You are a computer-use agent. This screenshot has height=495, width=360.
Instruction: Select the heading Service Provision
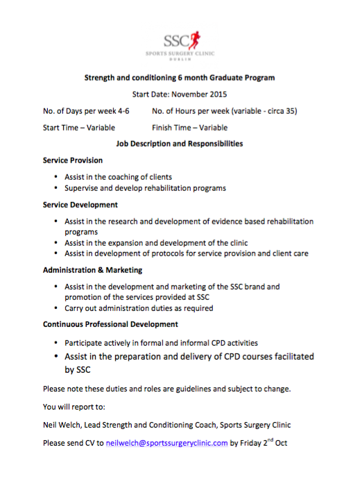click(73, 160)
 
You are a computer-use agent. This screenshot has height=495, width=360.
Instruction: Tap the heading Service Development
click(80, 205)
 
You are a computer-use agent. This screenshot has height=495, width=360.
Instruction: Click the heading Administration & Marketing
click(93, 269)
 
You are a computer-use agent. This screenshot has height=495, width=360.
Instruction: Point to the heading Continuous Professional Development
click(110, 324)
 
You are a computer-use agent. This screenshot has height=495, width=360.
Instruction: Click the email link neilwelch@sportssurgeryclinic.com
click(167, 442)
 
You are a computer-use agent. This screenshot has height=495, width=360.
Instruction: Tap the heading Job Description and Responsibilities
click(179, 144)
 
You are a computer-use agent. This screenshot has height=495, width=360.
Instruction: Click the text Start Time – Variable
click(79, 128)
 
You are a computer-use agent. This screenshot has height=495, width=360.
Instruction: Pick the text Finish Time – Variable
click(189, 128)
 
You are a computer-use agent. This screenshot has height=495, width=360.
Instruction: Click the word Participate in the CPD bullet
click(85, 343)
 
